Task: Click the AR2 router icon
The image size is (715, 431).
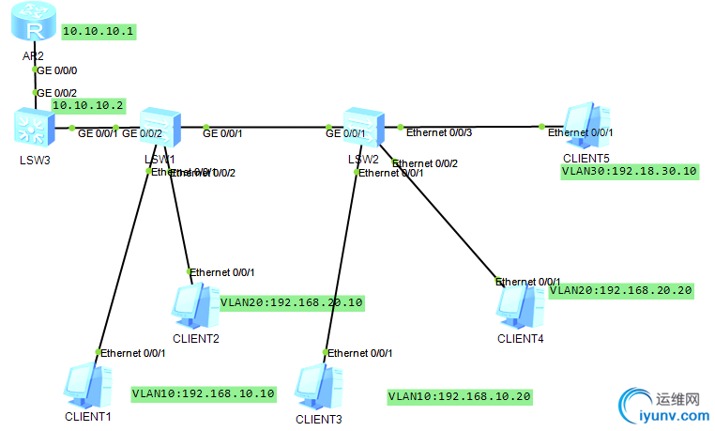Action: point(34,28)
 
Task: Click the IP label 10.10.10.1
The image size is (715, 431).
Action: point(99,31)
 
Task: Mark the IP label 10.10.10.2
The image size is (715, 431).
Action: point(88,105)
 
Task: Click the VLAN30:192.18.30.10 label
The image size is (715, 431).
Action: point(629,171)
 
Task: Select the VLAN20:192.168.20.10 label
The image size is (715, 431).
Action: point(291,303)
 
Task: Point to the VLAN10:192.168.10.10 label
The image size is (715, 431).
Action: point(204,393)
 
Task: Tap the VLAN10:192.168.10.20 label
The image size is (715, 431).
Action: point(460,396)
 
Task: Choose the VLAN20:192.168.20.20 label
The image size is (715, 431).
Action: point(621,290)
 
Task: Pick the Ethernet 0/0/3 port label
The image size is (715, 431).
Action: point(438,133)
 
